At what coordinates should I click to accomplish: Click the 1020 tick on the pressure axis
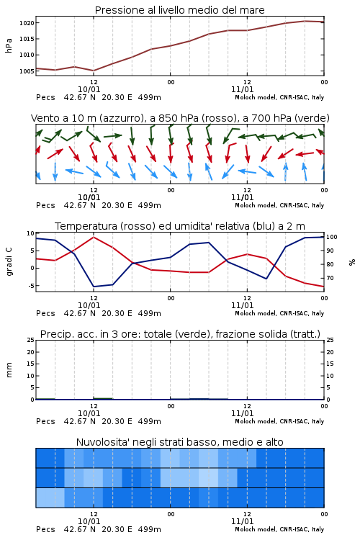pyautogui.click(x=27, y=23)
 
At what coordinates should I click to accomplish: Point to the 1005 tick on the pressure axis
pyautogui.click(x=27, y=71)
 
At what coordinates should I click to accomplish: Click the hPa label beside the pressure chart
pyautogui.click(x=9, y=45)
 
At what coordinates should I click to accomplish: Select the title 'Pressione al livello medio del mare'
pyautogui.click(x=179, y=10)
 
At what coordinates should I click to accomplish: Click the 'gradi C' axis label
pyautogui.click(x=9, y=261)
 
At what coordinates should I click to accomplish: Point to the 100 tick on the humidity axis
pyautogui.click(x=332, y=237)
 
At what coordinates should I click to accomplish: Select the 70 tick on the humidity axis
pyautogui.click(x=330, y=278)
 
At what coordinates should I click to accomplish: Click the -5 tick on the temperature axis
pyautogui.click(x=31, y=286)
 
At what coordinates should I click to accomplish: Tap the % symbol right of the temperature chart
pyautogui.click(x=352, y=262)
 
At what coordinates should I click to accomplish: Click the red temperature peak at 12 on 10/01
pyautogui.click(x=94, y=237)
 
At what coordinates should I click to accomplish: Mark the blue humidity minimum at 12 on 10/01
pyautogui.click(x=94, y=287)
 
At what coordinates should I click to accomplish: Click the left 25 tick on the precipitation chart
pyautogui.click(x=31, y=340)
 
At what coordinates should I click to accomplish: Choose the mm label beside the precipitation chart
pyautogui.click(x=9, y=370)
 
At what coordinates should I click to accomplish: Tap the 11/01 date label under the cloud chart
pyautogui.click(x=242, y=521)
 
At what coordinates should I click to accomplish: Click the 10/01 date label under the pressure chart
pyautogui.click(x=89, y=89)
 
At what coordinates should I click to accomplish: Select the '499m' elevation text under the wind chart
pyautogui.click(x=150, y=205)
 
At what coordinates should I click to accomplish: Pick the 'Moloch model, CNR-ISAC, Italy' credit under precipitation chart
pyautogui.click(x=279, y=421)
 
